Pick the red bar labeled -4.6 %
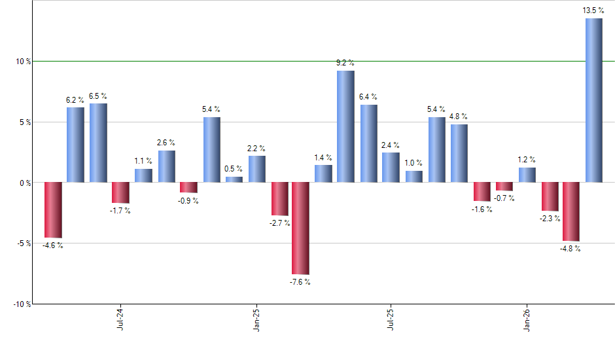click(53, 209)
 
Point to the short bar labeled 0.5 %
click(234, 179)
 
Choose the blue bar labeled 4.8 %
click(459, 153)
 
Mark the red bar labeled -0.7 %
click(504, 187)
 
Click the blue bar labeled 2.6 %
click(166, 166)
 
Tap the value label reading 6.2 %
click(75, 100)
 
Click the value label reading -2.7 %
click(279, 223)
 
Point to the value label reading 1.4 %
click(323, 158)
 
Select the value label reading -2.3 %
click(550, 219)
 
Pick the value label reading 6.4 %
click(368, 98)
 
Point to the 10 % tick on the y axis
click(24, 62)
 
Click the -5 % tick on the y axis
click(24, 243)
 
